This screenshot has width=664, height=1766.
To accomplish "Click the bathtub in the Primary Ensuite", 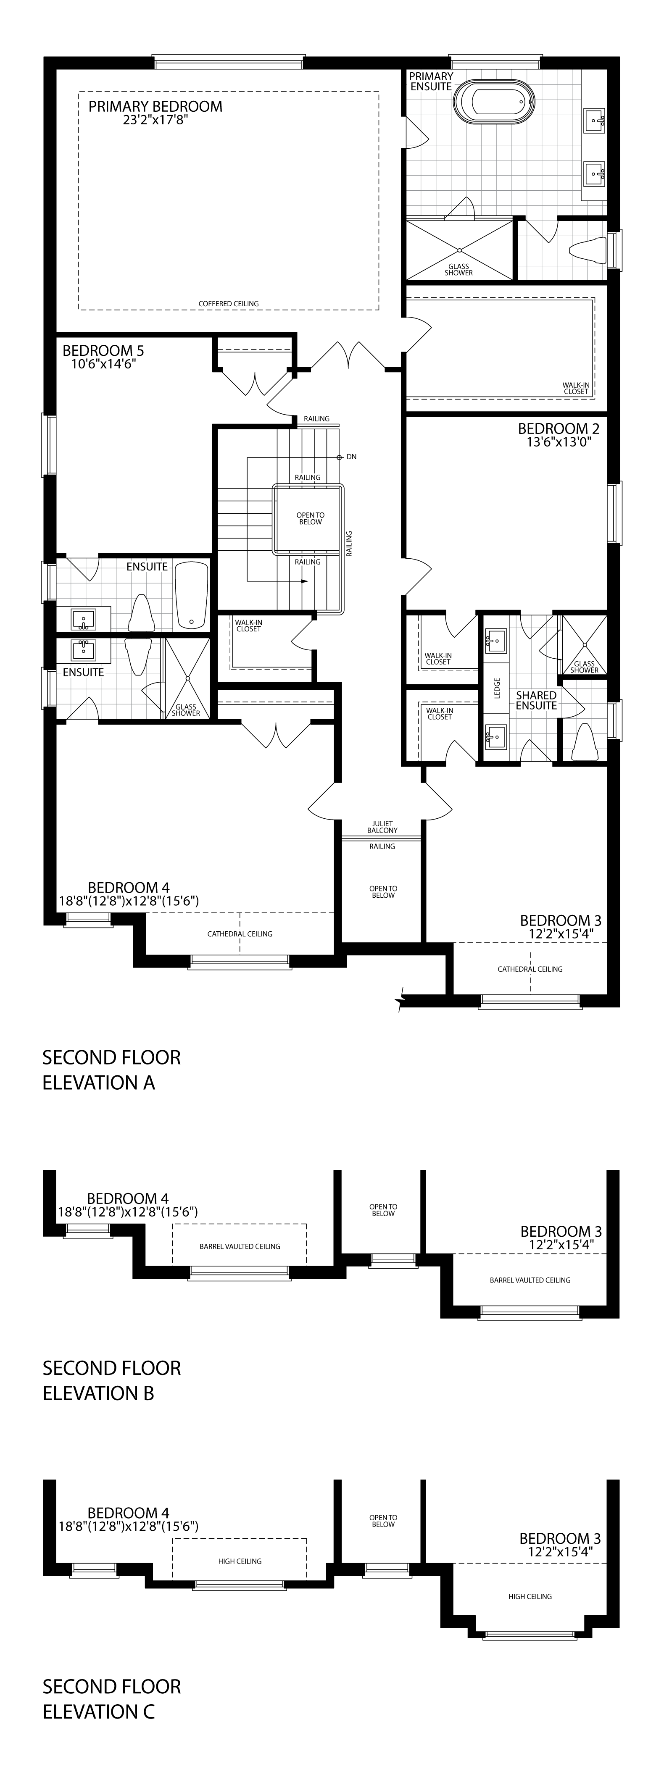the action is pyautogui.click(x=494, y=102).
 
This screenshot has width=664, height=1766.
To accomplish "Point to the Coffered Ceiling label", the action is pyautogui.click(x=229, y=304).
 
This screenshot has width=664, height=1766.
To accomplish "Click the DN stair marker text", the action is pyautogui.click(x=351, y=457).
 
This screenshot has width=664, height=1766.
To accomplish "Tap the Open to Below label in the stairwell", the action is pyautogui.click(x=310, y=518).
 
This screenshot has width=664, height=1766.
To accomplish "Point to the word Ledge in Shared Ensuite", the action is pyautogui.click(x=497, y=689).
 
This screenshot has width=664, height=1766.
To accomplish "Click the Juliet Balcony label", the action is pyautogui.click(x=382, y=827).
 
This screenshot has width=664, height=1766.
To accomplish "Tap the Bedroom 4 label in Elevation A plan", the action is pyautogui.click(x=129, y=888).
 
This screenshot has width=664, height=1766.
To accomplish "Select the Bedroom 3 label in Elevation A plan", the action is pyautogui.click(x=561, y=920).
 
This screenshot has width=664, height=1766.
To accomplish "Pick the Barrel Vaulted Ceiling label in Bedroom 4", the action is pyautogui.click(x=240, y=1246).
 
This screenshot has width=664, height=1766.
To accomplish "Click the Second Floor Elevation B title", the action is pyautogui.click(x=112, y=1380).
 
